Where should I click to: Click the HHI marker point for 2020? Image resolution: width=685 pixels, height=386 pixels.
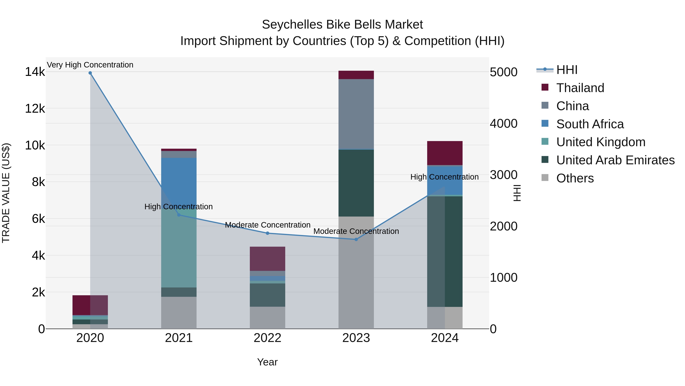[x=90, y=73]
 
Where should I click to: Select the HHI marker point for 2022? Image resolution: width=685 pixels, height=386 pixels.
[x=268, y=233]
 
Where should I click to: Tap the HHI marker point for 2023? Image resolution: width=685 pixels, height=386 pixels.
[x=356, y=239]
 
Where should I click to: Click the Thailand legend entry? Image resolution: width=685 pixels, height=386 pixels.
[x=580, y=88]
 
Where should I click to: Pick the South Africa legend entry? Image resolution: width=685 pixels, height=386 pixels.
[x=590, y=124]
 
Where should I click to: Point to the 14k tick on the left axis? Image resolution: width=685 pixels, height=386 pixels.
[x=35, y=72]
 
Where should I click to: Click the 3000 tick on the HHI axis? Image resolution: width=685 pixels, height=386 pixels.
[x=503, y=175]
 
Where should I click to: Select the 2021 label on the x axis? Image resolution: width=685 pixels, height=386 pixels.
[x=179, y=338]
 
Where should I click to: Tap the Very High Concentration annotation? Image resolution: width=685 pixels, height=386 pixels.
[x=90, y=65]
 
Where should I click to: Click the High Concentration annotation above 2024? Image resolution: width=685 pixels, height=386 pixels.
[x=444, y=177]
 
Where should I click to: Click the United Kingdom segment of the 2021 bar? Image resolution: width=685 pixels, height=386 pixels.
[x=179, y=248]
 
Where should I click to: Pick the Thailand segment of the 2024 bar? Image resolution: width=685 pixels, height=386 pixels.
[x=445, y=153]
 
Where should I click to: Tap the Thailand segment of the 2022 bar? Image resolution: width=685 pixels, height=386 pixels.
[x=267, y=259]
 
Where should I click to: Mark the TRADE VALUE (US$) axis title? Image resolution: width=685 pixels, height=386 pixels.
[x=6, y=193]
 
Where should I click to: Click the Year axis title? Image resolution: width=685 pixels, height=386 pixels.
[x=267, y=362]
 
